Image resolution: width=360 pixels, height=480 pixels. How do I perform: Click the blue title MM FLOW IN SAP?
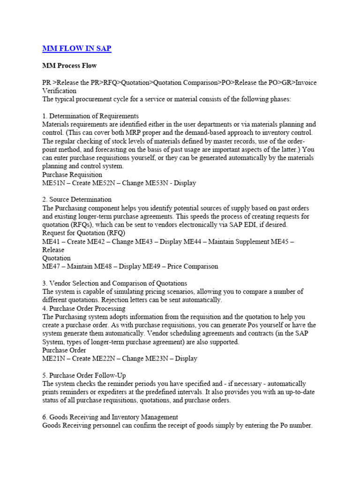(77, 48)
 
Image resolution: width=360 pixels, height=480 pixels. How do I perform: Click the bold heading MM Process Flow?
(69, 65)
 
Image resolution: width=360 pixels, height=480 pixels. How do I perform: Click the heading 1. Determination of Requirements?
(90, 116)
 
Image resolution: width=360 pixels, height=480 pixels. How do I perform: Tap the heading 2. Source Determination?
(77, 199)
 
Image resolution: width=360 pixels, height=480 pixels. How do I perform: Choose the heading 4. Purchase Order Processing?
(84, 308)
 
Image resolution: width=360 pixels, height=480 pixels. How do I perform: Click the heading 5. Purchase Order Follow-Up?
(84, 375)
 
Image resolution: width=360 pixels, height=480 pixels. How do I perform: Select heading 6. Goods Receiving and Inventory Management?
(110, 417)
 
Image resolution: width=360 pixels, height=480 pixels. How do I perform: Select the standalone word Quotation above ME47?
(57, 258)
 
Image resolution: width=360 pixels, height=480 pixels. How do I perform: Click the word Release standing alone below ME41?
(53, 250)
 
